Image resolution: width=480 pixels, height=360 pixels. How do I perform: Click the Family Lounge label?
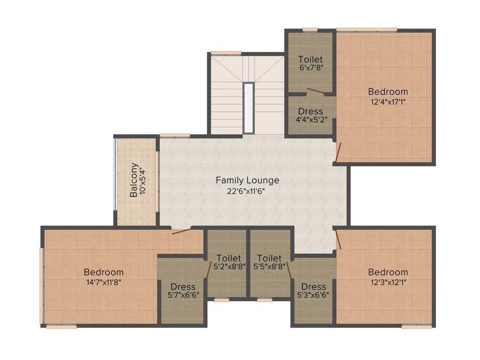pyautogui.click(x=247, y=180)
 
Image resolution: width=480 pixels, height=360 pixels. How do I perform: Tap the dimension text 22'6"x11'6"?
pyautogui.click(x=247, y=191)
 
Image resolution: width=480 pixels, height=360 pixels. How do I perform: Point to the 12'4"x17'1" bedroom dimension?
pyautogui.click(x=388, y=101)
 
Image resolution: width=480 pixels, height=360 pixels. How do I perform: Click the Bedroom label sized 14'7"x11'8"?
pyautogui.click(x=104, y=272)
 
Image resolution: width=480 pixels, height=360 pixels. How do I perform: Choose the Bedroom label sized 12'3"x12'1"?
pyautogui.click(x=388, y=272)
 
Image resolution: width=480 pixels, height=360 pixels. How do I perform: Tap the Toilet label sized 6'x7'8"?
pyautogui.click(x=310, y=59)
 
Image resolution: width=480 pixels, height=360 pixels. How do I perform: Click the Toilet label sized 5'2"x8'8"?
pyautogui.click(x=229, y=258)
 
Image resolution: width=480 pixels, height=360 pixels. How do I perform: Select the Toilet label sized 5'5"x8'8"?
pyautogui.click(x=270, y=258)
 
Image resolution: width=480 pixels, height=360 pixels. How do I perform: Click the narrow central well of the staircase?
pyautogui.click(x=248, y=108)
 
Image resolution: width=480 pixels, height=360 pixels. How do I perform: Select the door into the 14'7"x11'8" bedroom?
pyautogui.click(x=181, y=230)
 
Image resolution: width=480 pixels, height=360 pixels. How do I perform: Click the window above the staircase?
pyautogui.click(x=225, y=52)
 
